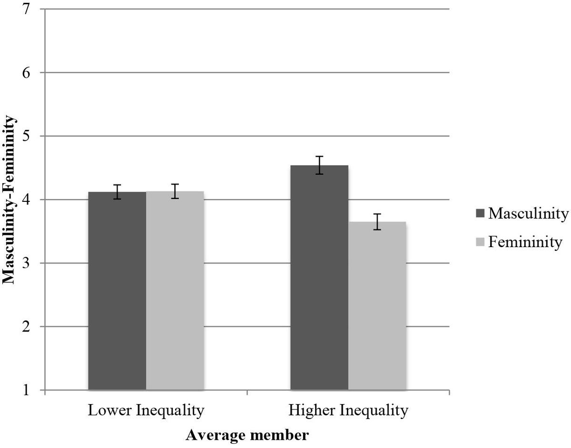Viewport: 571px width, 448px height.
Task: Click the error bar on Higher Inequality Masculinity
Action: click(320, 165)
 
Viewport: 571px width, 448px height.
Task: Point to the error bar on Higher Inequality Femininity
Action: click(377, 222)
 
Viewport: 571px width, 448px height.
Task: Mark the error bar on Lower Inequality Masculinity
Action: click(118, 192)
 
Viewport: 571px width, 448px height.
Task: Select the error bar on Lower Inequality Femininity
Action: click(175, 191)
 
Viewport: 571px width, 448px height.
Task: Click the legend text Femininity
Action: click(525, 242)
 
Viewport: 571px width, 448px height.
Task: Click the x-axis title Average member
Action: click(247, 435)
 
